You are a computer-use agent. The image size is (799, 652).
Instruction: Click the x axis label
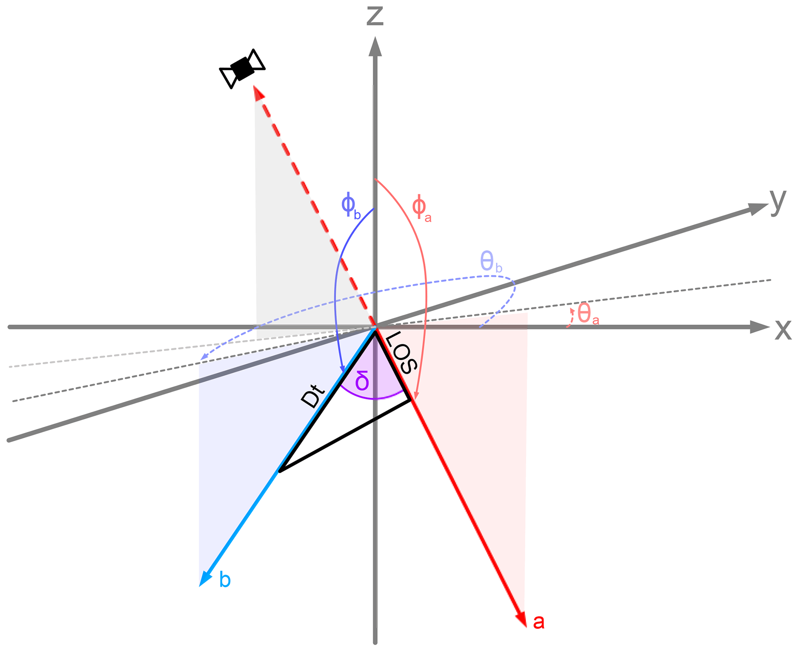pos(783,330)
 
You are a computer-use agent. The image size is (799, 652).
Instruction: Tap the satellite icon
pos(242,69)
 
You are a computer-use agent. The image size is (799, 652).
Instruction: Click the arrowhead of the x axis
pos(759,327)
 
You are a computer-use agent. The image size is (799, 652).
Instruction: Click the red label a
pos(538,621)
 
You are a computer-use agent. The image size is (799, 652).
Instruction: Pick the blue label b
pos(225,580)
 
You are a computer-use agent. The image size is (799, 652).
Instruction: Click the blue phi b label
pos(351,206)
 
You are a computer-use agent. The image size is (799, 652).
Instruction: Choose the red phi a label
pos(421,209)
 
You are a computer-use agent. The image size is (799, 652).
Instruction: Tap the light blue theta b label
pos(491,262)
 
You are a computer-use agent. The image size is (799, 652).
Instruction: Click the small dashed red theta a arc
pos(571,318)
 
